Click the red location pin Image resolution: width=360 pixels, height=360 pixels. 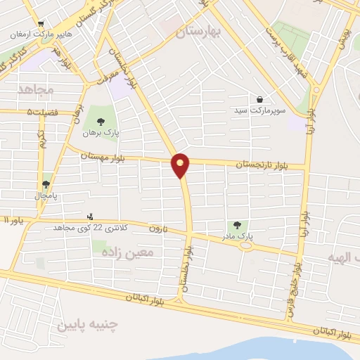[181, 166]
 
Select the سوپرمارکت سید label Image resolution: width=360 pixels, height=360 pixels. [259, 111]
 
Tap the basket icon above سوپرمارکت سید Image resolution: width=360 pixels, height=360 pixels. [260, 100]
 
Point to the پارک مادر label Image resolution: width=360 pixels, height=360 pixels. [239, 237]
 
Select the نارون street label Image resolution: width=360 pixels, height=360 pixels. [155, 228]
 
